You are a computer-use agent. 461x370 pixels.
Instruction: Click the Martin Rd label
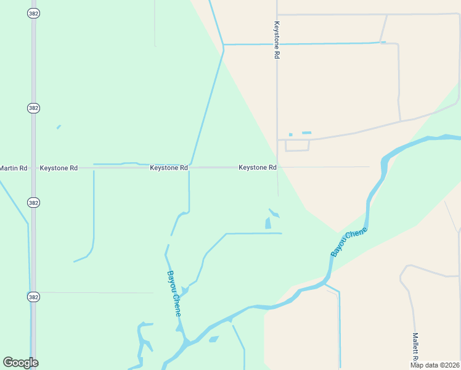14,168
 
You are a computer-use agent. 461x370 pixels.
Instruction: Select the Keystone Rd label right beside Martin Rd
59,168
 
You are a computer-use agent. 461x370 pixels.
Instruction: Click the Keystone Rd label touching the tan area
257,167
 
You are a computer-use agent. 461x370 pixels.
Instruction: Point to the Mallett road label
415,347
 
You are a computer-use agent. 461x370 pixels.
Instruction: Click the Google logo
20,363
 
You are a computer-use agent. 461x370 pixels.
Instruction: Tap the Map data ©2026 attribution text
434,365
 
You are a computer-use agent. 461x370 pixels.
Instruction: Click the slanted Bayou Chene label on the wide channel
349,242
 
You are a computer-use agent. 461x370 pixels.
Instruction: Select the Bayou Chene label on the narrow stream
174,294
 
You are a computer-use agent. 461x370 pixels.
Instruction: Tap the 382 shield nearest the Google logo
33,297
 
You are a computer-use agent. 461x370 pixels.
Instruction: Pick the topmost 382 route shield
33,13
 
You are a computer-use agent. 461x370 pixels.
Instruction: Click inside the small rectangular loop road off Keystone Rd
296,146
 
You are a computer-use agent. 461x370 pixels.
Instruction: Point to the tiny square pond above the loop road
290,134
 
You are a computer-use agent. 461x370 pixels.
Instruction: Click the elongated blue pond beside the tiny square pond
306,133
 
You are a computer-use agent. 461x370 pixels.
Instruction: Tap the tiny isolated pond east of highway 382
59,127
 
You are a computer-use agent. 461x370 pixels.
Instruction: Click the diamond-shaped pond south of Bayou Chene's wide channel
214,339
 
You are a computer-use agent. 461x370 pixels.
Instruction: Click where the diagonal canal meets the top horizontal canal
223,45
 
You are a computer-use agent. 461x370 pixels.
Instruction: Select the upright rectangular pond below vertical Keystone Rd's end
268,223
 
